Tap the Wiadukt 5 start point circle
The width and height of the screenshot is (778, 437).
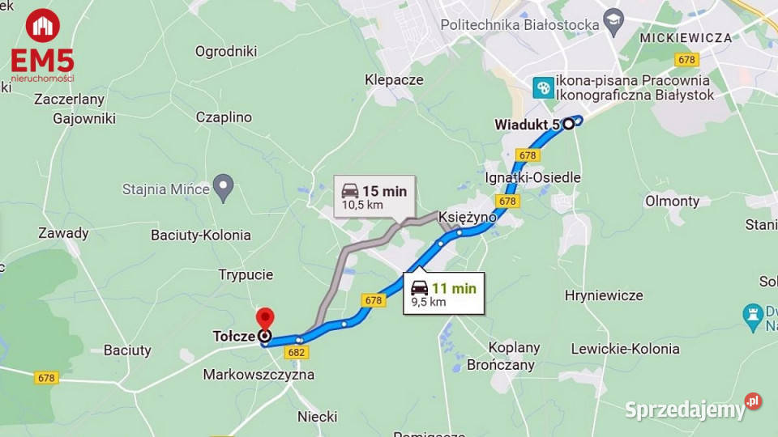[569, 124]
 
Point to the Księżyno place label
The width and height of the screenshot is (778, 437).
[467, 218]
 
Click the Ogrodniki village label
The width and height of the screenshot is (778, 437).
[226, 51]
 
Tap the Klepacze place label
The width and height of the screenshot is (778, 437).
[394, 79]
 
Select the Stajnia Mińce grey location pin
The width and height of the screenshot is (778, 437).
[223, 187]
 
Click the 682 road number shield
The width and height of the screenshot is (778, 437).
[297, 352]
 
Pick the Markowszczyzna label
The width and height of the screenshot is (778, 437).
[259, 375]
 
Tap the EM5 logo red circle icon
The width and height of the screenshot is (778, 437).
[42, 26]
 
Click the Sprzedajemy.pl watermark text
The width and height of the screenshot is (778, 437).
[685, 409]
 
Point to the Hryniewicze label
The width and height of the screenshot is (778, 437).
[604, 295]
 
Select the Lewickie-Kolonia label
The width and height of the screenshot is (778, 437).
[625, 349]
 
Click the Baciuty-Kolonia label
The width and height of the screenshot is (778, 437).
[201, 235]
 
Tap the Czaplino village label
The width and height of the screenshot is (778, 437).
[224, 117]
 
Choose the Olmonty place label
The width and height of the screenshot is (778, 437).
[673, 201]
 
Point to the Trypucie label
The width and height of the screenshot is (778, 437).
[246, 274]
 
